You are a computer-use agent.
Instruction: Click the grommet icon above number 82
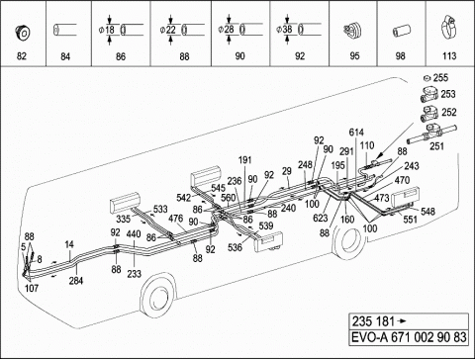click(x=22, y=32)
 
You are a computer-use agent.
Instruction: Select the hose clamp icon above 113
click(x=448, y=28)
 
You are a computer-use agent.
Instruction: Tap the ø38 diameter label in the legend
click(x=285, y=30)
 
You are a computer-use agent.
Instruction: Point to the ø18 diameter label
click(x=107, y=30)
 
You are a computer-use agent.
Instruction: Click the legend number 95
click(x=354, y=56)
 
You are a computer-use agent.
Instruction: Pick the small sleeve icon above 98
click(x=401, y=32)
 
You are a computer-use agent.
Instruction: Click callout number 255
click(x=440, y=78)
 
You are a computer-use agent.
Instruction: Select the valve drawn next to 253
click(x=429, y=95)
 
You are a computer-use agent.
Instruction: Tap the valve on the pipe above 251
click(x=432, y=132)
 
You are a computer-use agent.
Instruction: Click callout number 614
click(x=356, y=133)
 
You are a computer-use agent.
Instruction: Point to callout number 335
click(x=123, y=219)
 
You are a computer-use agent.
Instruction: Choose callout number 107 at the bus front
click(x=32, y=288)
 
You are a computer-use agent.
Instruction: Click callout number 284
click(x=76, y=281)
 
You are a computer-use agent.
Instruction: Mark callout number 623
click(x=321, y=218)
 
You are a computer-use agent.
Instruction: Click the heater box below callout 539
click(x=268, y=242)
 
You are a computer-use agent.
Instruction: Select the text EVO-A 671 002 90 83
click(x=409, y=337)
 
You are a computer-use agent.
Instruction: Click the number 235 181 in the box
click(x=373, y=321)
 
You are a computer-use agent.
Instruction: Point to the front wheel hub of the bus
click(x=157, y=299)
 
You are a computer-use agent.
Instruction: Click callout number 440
click(x=134, y=234)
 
